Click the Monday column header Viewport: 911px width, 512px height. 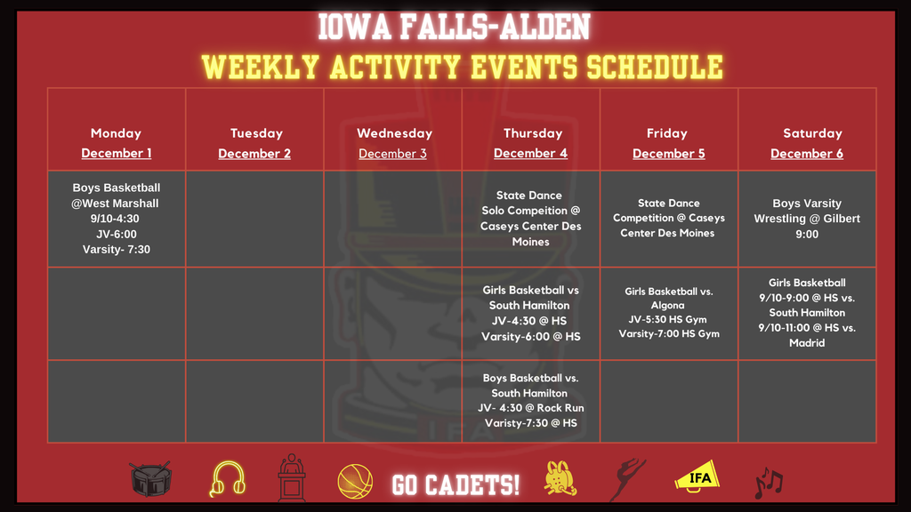[x=116, y=133]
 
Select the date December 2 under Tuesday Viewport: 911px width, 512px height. [x=254, y=154]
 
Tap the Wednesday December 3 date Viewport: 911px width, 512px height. [x=392, y=154]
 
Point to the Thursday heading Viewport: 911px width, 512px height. [x=532, y=133]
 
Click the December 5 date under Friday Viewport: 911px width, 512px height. [x=668, y=154]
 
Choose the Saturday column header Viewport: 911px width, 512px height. [x=811, y=133]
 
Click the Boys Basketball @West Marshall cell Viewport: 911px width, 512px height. [x=116, y=219]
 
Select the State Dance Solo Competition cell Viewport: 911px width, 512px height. [x=530, y=219]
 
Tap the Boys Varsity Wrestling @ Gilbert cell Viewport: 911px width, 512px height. [x=807, y=219]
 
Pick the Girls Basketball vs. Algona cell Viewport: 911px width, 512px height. [x=668, y=312]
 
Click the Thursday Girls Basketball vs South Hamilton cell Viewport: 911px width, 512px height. [x=530, y=313]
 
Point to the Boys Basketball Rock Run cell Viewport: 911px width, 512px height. [x=530, y=400]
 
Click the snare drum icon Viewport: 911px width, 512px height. [x=150, y=479]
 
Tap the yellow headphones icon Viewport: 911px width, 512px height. [x=227, y=479]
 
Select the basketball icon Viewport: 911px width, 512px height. [x=353, y=482]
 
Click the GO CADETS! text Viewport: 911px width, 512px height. [x=456, y=484]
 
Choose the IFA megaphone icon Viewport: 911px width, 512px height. [x=697, y=476]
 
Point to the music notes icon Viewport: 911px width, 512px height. [x=768, y=482]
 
